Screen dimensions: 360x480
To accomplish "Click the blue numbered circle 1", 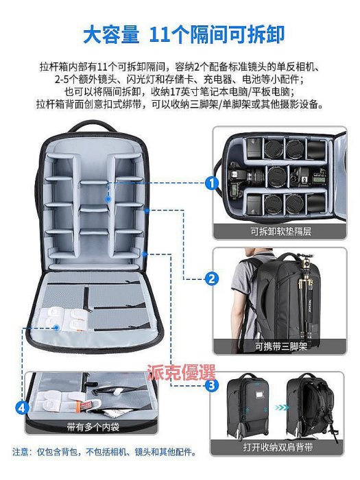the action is coord(211,183).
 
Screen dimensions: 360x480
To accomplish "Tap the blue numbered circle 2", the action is coord(211,279).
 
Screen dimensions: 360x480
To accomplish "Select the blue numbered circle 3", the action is coord(211,385).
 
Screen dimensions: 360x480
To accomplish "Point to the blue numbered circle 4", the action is coord(22,408).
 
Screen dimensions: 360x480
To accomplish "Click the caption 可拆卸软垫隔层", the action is coord(280,231).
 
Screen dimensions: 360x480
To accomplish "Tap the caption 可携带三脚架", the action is coord(280,346).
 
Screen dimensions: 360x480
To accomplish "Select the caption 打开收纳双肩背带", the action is coord(278,447).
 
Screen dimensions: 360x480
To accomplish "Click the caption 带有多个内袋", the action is coord(93,427).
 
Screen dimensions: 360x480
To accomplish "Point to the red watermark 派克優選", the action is coord(181,372).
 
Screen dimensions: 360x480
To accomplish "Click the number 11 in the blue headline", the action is coord(160,34).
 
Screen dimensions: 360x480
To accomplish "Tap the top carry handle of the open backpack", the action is coord(92,125).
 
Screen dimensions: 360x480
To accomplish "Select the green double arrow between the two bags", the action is coord(282,407).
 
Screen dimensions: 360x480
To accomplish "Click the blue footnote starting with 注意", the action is coord(104,452).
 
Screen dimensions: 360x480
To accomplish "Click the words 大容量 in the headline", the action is coord(111,34).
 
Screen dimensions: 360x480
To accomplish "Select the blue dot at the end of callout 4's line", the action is coord(56,327).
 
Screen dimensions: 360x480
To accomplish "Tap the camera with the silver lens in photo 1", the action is coord(246,176).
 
